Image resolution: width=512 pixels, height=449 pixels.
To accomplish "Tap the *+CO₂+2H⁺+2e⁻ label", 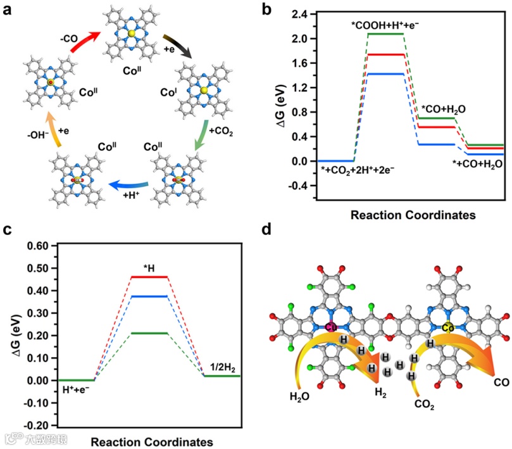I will tap(358, 170).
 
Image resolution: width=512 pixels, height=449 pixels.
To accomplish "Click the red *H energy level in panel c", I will tap(148, 277).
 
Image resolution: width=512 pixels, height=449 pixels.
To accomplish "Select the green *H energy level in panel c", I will tap(148, 333).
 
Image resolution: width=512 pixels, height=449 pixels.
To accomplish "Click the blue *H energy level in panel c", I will tap(148, 296).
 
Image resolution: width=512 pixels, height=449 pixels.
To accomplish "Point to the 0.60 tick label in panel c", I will tap(36, 246).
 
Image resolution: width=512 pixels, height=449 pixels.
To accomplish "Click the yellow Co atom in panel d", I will tap(447, 327).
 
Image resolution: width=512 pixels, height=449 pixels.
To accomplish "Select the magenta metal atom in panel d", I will tap(330, 327).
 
